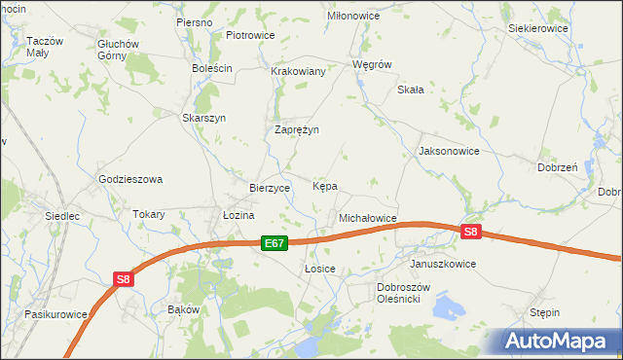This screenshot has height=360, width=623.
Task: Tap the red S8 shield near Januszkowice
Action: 471,232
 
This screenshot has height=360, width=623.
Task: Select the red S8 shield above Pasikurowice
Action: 123,279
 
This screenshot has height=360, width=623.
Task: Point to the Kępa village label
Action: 325,185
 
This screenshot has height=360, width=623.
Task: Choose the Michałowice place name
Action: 367,219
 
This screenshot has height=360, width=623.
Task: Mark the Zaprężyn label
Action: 297,129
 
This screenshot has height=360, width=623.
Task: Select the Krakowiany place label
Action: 298,72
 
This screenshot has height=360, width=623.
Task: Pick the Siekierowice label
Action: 538,29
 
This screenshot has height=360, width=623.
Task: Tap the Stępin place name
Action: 544,313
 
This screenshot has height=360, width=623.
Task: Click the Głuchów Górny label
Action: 120,50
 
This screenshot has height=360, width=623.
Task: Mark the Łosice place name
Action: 320,269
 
